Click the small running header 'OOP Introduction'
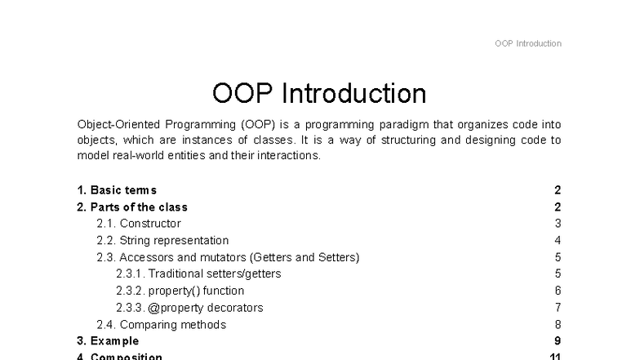pyautogui.click(x=527, y=43)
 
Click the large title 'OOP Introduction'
pyautogui.click(x=319, y=93)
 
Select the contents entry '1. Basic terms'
pyautogui.click(x=116, y=190)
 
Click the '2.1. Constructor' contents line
pyautogui.click(x=139, y=224)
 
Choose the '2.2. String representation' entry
pyautogui.click(x=162, y=241)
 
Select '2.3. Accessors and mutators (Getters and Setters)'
pyautogui.click(x=228, y=257)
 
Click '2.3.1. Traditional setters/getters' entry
pyautogui.click(x=198, y=274)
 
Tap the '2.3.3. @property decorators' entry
pyautogui.click(x=189, y=308)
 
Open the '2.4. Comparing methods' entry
pyautogui.click(x=161, y=325)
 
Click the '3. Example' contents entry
pyautogui.click(x=108, y=341)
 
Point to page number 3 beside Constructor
pyautogui.click(x=558, y=224)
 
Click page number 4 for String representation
pyautogui.click(x=558, y=241)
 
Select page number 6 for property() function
pyautogui.click(x=558, y=291)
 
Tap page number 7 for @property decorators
pyautogui.click(x=558, y=308)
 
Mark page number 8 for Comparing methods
pyautogui.click(x=558, y=325)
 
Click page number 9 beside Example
pyautogui.click(x=558, y=341)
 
